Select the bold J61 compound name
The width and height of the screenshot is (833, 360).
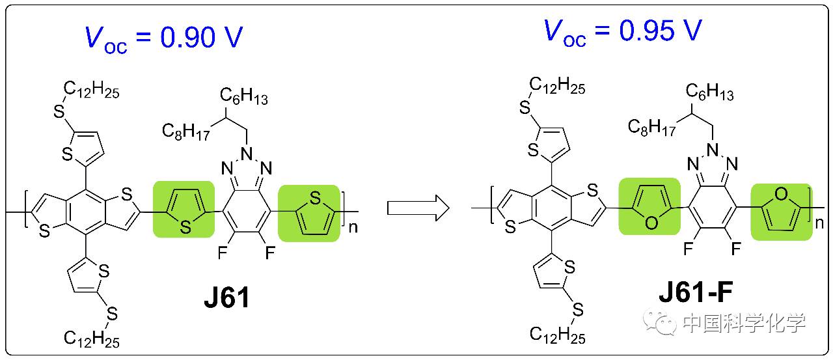[226, 299]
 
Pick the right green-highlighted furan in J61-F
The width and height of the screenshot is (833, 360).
[781, 211]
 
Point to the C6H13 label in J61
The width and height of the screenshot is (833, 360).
[243, 98]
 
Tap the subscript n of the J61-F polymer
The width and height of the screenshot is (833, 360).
[819, 224]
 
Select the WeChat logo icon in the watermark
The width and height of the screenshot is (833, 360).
[659, 321]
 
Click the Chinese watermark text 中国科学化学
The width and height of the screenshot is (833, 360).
[744, 322]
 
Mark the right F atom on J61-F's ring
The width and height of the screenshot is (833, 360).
[737, 248]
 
